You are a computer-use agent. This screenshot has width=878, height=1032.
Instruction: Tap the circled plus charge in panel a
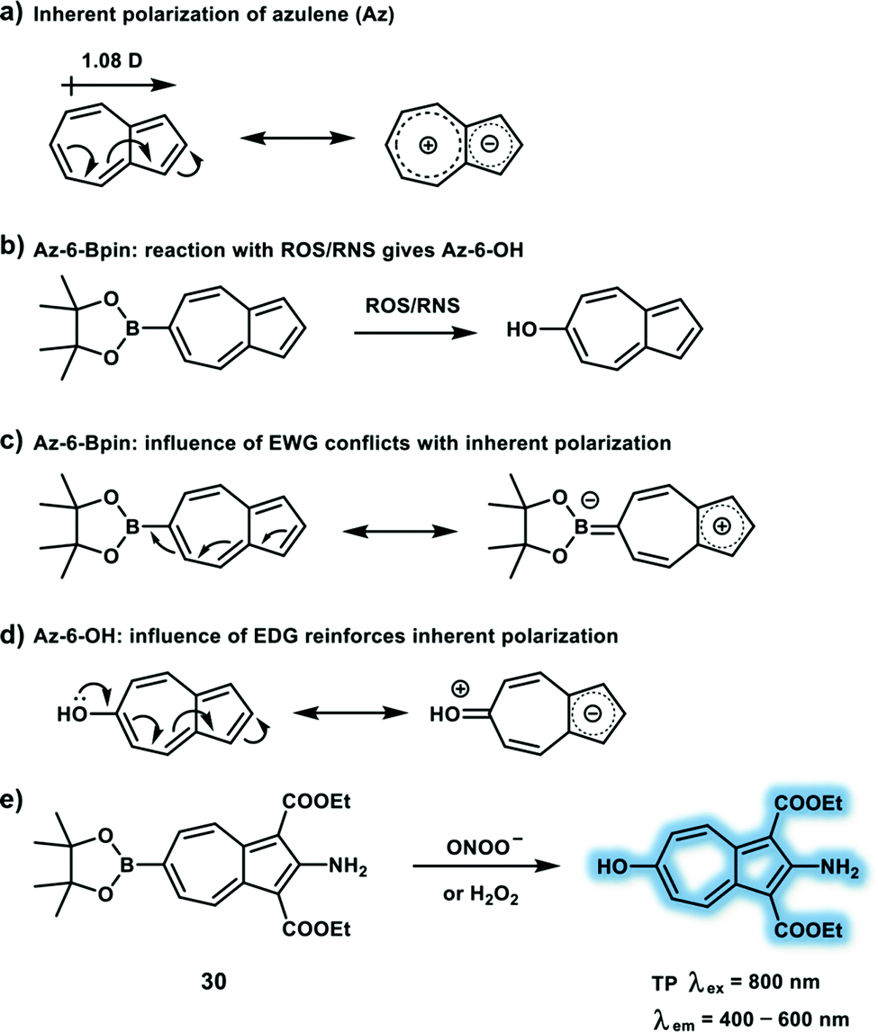pos(428,149)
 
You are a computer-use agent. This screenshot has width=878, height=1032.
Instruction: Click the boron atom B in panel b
pos(132,333)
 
